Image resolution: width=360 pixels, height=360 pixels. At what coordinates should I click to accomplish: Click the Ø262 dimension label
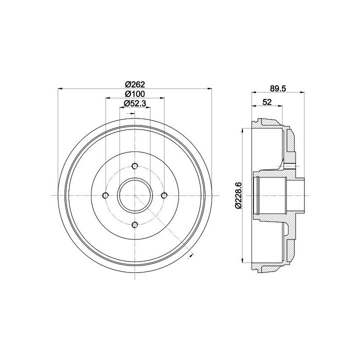135,84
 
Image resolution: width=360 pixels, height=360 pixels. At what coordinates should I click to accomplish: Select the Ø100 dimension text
135,94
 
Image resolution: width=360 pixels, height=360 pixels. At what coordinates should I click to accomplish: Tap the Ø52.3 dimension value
135,103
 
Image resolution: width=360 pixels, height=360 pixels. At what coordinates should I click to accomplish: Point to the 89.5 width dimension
278,88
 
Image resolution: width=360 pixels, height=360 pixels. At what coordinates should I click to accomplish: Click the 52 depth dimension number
267,102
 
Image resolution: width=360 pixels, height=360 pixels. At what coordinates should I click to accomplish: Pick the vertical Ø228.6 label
238,195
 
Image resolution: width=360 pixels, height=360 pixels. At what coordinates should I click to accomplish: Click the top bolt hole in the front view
135,166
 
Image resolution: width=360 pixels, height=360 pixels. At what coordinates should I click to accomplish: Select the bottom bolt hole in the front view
135,225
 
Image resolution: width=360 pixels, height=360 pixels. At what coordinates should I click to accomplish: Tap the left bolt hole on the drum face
105,195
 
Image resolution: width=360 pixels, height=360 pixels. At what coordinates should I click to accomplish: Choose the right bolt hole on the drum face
164,195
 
